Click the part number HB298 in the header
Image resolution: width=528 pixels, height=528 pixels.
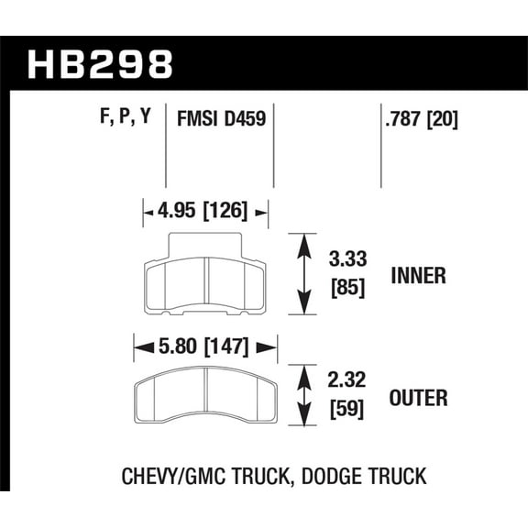(100, 64)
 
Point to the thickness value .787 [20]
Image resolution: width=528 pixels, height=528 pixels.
(418, 118)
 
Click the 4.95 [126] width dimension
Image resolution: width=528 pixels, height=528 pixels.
(205, 212)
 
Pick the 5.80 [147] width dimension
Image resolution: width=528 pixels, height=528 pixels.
(205, 348)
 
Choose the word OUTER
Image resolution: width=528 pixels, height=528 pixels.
(418, 399)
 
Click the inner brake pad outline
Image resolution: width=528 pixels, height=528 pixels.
(205, 284)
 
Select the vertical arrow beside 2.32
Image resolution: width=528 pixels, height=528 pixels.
(302, 396)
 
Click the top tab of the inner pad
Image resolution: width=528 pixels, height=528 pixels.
(205, 243)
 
